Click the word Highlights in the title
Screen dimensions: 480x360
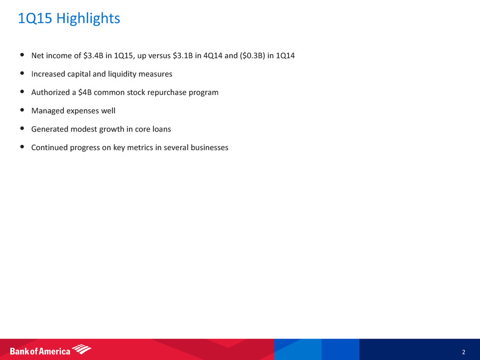[88, 18]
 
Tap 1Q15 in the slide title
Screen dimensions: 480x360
[35, 18]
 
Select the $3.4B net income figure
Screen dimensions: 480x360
[93, 56]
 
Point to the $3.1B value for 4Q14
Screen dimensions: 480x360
[183, 56]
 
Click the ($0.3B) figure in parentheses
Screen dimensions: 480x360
[252, 56]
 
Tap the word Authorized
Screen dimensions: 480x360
[51, 92]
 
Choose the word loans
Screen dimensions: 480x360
[161, 129]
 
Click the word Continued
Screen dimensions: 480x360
[50, 147]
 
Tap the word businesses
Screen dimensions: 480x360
[209, 147]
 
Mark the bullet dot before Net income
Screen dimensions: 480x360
[22, 55]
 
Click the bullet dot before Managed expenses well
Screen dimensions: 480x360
[22, 110]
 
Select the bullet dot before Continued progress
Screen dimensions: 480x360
[22, 147]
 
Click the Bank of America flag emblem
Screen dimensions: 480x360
[81, 349]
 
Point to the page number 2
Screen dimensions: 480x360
[464, 352]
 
